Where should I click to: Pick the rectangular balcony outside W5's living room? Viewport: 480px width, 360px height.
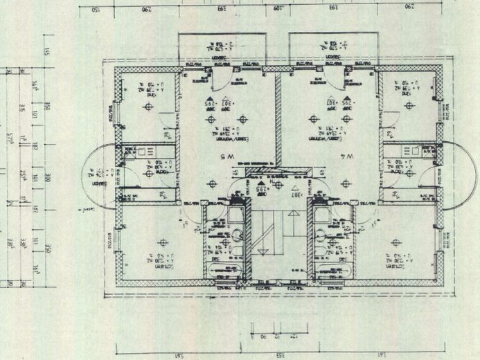[x=222, y=48]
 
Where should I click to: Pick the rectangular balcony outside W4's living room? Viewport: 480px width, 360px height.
[x=331, y=48]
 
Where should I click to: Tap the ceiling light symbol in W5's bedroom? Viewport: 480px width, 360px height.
[x=163, y=242]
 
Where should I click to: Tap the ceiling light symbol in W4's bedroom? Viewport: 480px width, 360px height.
[x=395, y=242]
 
